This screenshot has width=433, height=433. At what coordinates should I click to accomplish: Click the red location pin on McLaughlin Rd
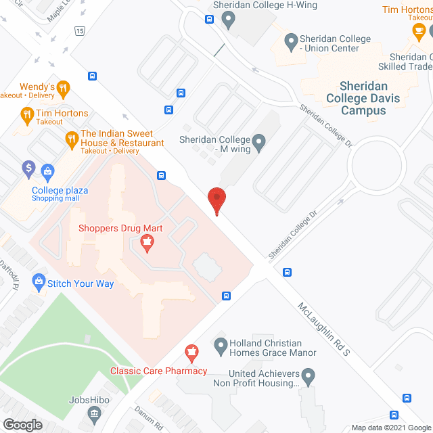216,200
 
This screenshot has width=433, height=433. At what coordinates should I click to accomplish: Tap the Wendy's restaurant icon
63,87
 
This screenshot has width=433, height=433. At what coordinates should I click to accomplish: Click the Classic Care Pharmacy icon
191,352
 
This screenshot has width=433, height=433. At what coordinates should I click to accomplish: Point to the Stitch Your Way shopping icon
39,281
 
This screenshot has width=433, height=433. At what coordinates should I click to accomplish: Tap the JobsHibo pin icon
85,411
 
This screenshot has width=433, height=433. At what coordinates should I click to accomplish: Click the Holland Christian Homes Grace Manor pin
221,346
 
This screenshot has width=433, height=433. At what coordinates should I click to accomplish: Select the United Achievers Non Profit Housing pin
309,374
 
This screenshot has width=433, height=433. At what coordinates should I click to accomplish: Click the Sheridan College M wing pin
258,141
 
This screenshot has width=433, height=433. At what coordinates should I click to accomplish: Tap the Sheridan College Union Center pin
292,41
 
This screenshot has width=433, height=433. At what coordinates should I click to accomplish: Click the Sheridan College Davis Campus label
369,98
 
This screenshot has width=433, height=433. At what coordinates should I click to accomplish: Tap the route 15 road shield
81,31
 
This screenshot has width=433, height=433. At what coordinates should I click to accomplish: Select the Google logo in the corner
22,424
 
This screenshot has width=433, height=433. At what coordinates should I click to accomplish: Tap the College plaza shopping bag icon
48,171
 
